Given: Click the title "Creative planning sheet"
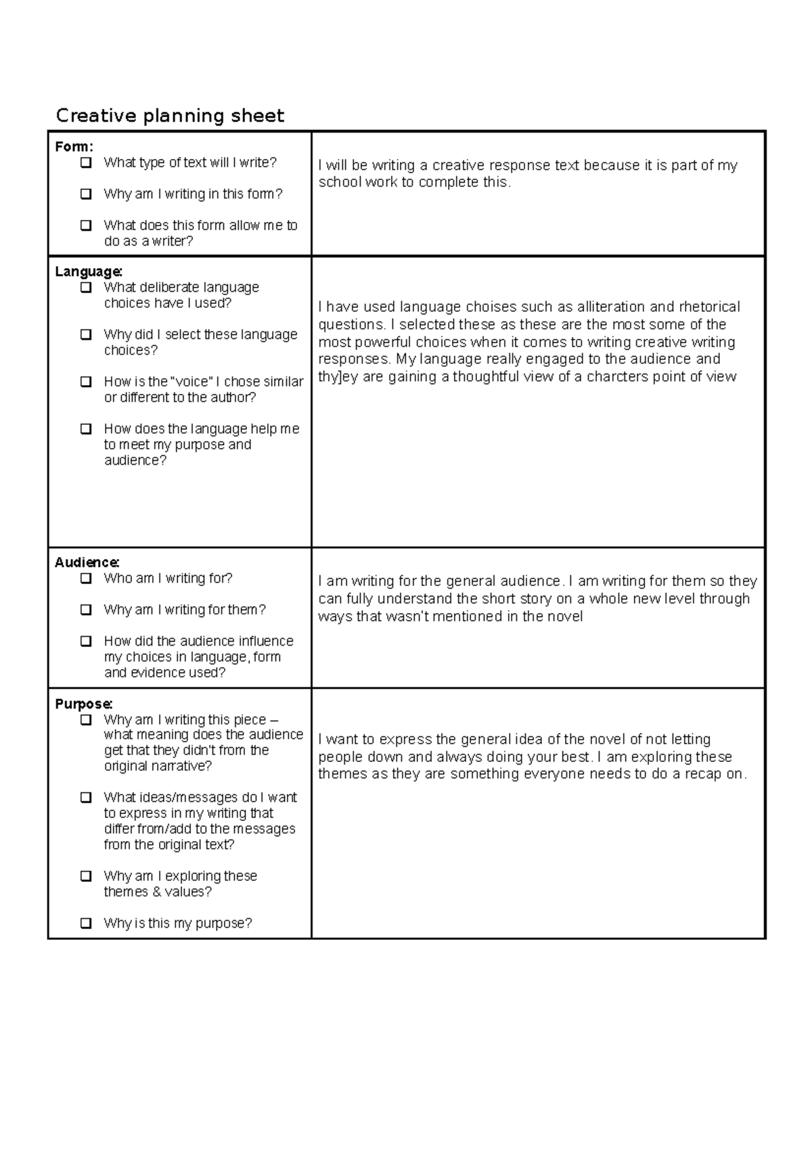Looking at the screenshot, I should [170, 116].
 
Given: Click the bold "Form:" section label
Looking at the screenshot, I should [74, 146].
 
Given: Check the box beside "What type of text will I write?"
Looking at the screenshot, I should [86, 162].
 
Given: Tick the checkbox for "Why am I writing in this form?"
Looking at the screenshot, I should [86, 194].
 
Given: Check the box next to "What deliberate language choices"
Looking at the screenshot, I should [86, 288].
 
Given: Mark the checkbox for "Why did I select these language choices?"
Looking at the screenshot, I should [86, 334].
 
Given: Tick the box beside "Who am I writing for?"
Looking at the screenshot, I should [86, 579].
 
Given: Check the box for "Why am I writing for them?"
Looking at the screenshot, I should [86, 610].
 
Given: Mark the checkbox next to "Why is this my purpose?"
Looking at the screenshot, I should [86, 923].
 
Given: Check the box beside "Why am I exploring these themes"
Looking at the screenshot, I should [86, 876].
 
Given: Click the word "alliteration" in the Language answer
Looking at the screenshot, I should [607, 307].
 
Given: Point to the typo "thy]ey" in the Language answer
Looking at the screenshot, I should [338, 377].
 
